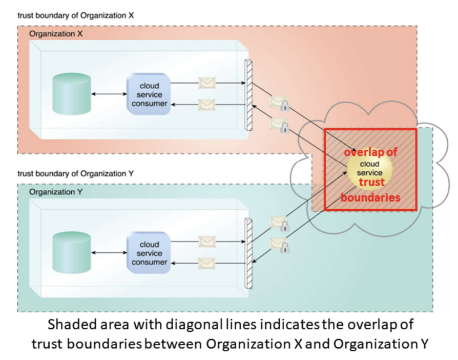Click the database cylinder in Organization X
tap(72, 93)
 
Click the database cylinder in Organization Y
tap(72, 251)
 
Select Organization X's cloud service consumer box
tap(149, 95)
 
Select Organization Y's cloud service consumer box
tap(149, 253)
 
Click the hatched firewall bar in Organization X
tap(248, 95)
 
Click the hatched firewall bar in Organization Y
tap(248, 253)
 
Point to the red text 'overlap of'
tap(370, 152)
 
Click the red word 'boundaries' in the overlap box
tap(370, 197)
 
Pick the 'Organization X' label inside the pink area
tap(56, 34)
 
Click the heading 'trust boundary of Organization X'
tap(75, 15)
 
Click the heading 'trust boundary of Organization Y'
tap(75, 173)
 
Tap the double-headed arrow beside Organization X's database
tap(109, 94)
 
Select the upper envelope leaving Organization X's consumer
tap(207, 82)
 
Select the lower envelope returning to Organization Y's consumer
tap(207, 263)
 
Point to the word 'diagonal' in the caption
tap(223, 325)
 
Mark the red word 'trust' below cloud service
tap(371, 182)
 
